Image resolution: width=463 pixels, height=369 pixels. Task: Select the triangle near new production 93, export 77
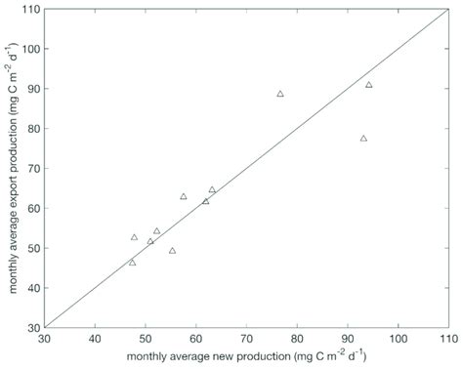pyautogui.click(x=363, y=139)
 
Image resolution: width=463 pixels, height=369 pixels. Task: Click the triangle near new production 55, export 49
pyautogui.click(x=172, y=251)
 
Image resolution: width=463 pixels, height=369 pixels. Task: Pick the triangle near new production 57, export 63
pyautogui.click(x=184, y=196)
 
